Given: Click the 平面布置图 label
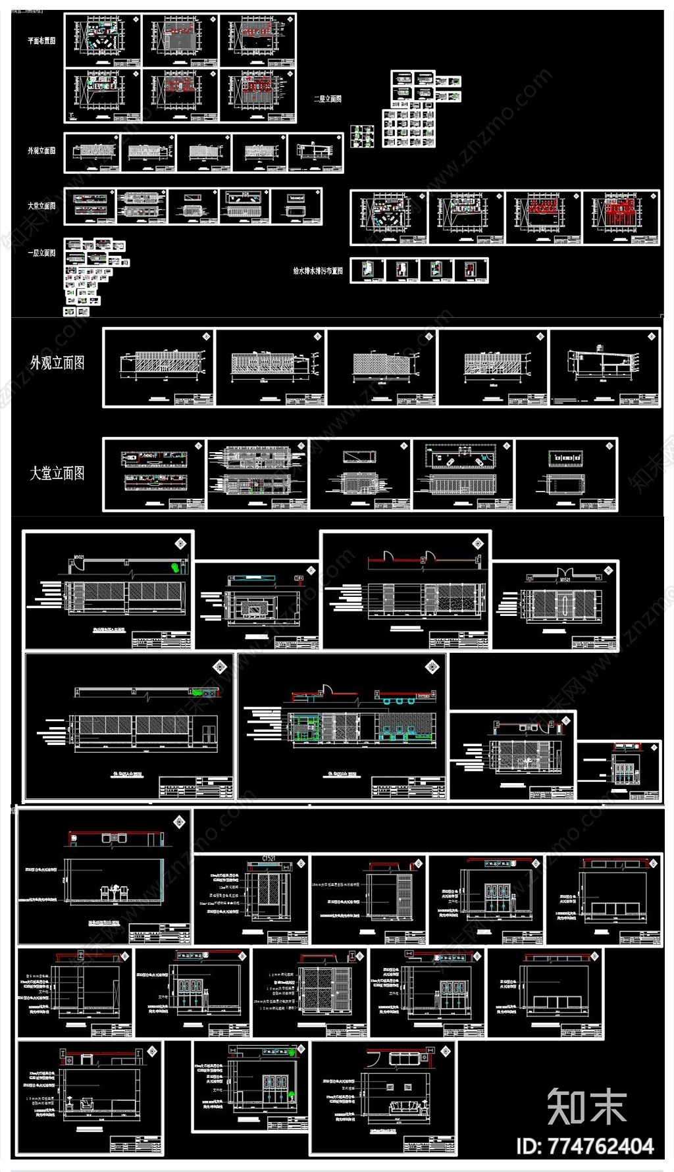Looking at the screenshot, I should tap(41, 41).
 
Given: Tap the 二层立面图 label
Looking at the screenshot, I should tap(328, 99).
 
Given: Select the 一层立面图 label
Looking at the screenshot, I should tap(41, 253).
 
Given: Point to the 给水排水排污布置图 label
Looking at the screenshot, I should tap(318, 270).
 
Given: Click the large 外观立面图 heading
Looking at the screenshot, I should tap(57, 363).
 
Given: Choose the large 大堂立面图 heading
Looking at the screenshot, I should tap(57, 473).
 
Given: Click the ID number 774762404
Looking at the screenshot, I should tap(585, 1146).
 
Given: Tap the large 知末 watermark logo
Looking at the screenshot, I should tap(586, 1106).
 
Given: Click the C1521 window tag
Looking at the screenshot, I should tap(269, 858).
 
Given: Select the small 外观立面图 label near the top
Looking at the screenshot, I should tap(41, 151).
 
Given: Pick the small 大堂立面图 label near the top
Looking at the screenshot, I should tap(41, 206).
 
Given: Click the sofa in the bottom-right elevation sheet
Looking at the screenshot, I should tap(403, 1107).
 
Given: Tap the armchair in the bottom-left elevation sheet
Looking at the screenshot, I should tap(86, 1103).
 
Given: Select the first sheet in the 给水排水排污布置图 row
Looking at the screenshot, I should tap(369, 270).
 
